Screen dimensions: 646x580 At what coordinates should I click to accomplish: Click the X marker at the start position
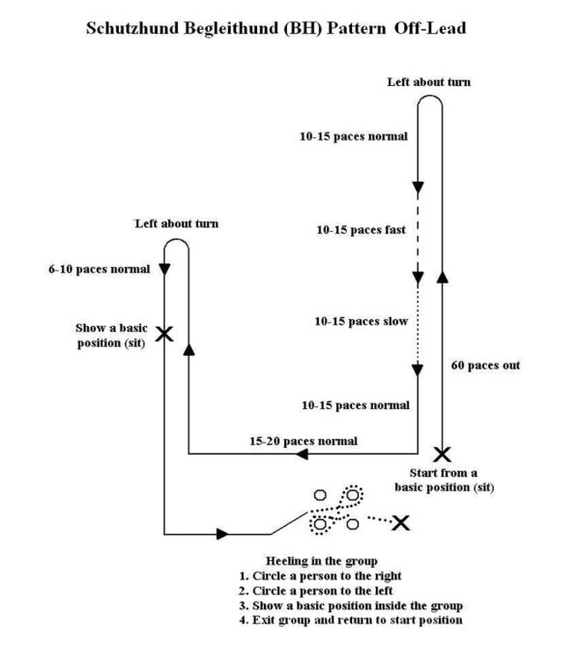(442, 454)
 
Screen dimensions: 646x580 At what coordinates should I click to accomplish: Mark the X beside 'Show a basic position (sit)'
(165, 334)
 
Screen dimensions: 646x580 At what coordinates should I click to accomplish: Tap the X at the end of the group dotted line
(399, 522)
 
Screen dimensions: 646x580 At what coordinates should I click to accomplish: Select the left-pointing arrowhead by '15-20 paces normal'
(302, 453)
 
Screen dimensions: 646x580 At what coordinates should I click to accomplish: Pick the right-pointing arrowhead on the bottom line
(223, 533)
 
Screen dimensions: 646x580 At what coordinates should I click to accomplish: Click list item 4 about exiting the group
(350, 620)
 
